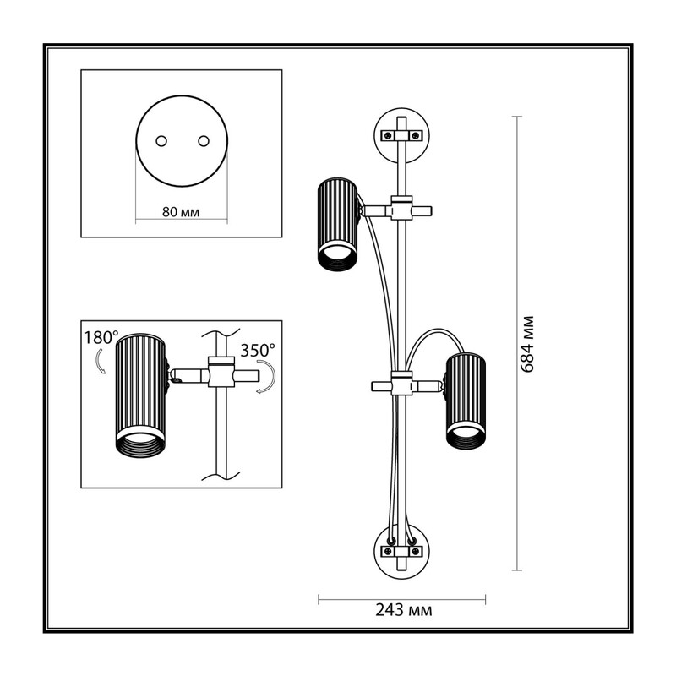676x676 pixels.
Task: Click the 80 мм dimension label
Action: [x=181, y=212]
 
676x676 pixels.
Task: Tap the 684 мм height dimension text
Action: [x=527, y=344]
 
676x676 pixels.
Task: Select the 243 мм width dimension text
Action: [x=404, y=610]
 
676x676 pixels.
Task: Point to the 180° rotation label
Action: [x=101, y=337]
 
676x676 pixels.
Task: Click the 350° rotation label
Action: [x=258, y=350]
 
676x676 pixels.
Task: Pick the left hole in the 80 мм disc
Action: [x=161, y=141]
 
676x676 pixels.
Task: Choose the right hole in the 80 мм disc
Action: [x=204, y=141]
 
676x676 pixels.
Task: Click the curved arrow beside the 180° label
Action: [x=99, y=361]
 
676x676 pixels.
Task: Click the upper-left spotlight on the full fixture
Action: [x=337, y=224]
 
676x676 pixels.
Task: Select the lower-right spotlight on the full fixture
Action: [x=466, y=401]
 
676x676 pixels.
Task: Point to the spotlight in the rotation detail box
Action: [x=140, y=395]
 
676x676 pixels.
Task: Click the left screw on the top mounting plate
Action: [x=388, y=136]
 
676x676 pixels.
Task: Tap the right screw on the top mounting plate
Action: [x=415, y=136]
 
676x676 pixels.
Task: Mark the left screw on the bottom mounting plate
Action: [x=389, y=552]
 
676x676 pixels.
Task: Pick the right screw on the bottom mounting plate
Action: [x=415, y=552]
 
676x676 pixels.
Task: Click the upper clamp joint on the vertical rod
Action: [x=401, y=208]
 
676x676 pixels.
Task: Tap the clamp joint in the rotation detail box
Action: [x=221, y=371]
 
